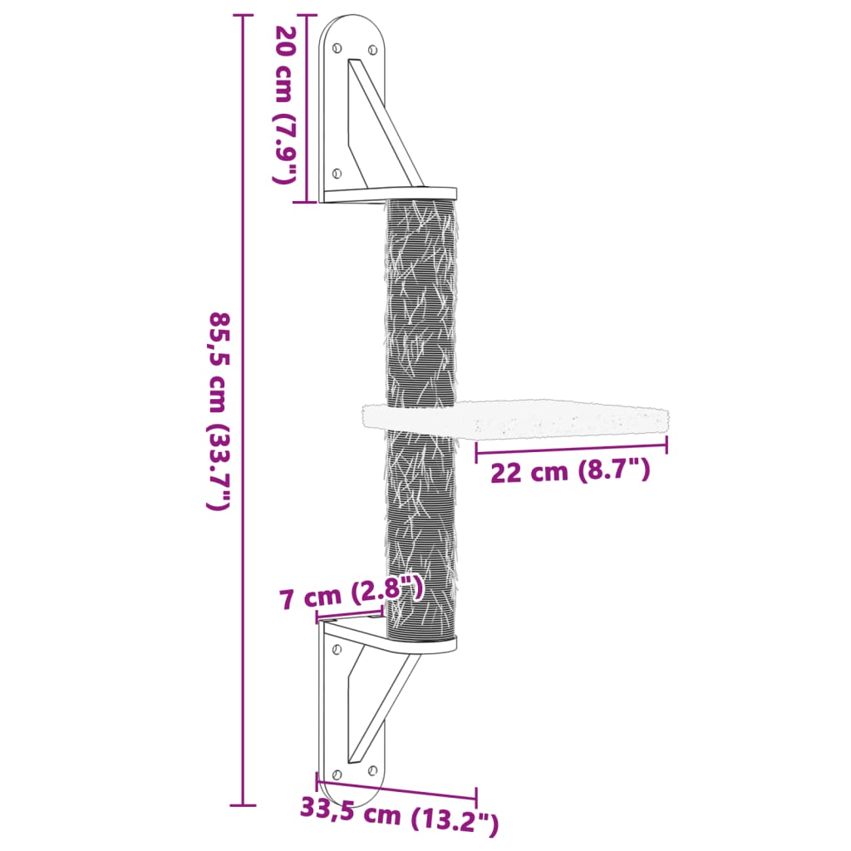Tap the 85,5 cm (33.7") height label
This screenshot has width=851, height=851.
pyautogui.click(x=219, y=411)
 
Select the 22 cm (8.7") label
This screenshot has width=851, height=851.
pyautogui.click(x=570, y=472)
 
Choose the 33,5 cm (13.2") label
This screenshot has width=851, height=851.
pyautogui.click(x=400, y=820)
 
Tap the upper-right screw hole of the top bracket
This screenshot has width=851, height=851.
pyautogui.click(x=372, y=47)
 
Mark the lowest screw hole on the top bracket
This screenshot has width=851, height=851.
pyautogui.click(x=337, y=173)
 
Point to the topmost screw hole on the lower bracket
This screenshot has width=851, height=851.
pyautogui.click(x=336, y=648)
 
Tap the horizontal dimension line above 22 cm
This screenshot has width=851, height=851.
pyautogui.click(x=572, y=450)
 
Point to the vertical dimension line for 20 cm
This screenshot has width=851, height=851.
pyautogui.click(x=307, y=108)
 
